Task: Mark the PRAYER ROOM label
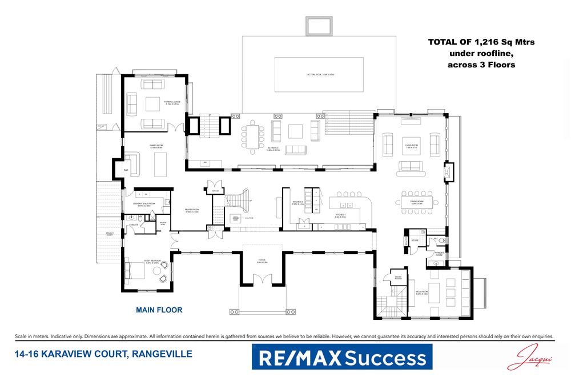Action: [x=191, y=210]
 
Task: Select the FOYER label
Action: [x=262, y=262]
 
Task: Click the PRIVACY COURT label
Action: [x=110, y=235]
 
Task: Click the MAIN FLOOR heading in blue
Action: [x=159, y=310]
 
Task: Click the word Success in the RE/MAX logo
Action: [x=385, y=358]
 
